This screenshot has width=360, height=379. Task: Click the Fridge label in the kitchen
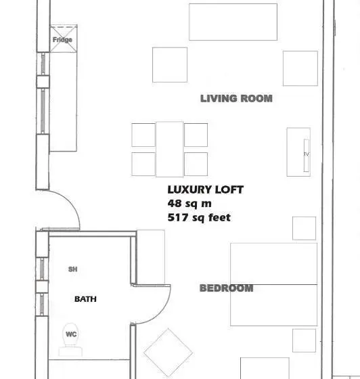[62, 40]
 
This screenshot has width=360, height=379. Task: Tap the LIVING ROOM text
[236, 99]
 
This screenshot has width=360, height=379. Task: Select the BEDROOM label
[227, 288]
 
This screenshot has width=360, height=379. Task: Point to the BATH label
[85, 299]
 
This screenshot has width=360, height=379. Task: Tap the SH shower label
[72, 269]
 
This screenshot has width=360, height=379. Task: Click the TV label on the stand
[307, 154]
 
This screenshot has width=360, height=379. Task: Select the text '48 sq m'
[189, 203]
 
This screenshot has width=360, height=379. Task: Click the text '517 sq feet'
[199, 217]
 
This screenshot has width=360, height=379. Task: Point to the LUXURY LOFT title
[205, 189]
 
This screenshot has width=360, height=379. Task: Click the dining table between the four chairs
[170, 150]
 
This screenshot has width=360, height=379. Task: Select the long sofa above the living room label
[233, 22]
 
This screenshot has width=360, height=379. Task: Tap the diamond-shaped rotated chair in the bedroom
[168, 353]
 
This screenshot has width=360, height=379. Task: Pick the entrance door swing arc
[70, 203]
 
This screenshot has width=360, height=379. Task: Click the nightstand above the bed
[304, 228]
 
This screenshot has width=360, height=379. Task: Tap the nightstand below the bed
[304, 340]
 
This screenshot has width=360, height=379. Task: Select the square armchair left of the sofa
[170, 65]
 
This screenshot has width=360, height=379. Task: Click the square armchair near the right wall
[300, 68]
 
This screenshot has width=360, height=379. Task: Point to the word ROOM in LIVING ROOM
[256, 99]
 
